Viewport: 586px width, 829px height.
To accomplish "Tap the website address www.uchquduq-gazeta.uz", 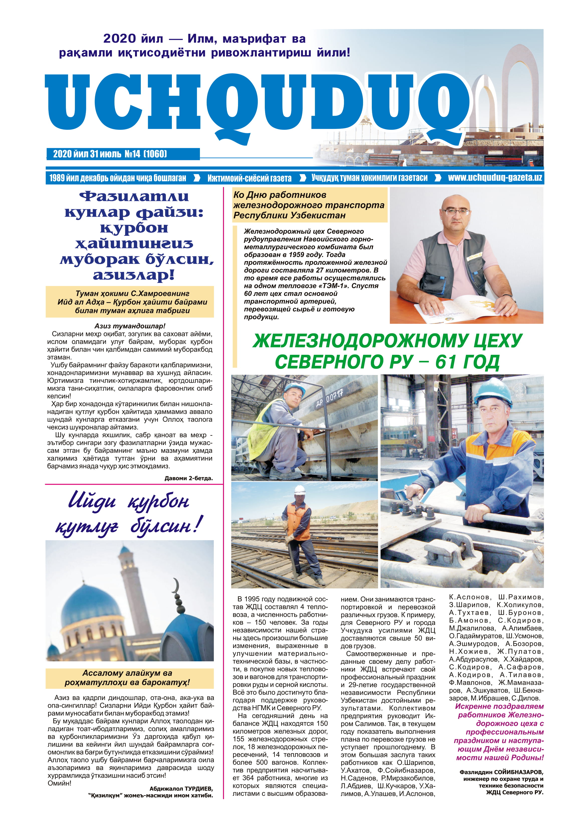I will (495, 178).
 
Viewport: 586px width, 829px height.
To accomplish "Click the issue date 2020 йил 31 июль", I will (87, 154).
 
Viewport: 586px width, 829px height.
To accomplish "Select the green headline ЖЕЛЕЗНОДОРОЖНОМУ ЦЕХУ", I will (387, 341).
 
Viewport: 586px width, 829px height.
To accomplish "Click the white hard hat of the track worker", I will (300, 490).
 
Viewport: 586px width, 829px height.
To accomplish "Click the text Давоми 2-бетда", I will (188, 478).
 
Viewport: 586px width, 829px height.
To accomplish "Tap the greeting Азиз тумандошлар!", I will (130, 326).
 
